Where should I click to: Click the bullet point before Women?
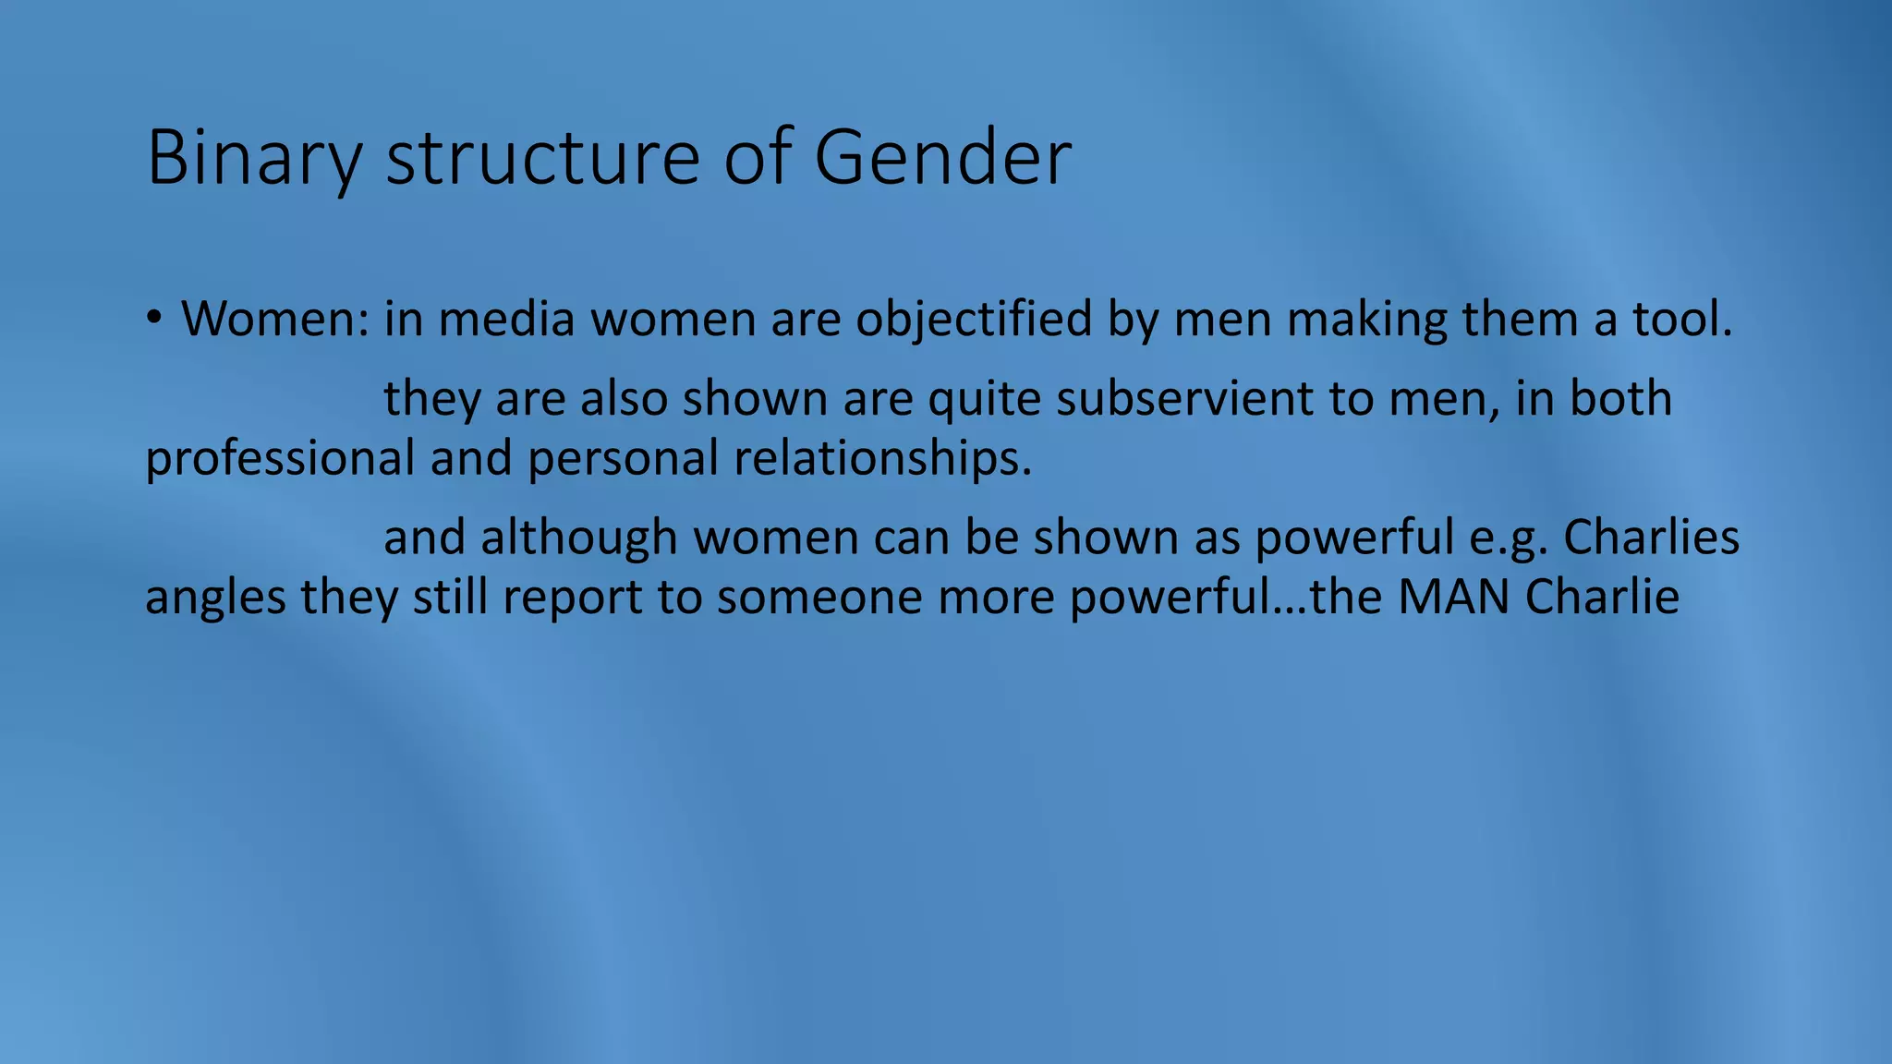point(153,319)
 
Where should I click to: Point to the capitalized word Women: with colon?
point(275,319)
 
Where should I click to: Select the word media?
point(506,319)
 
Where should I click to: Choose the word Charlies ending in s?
point(1651,538)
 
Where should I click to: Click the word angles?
point(215,597)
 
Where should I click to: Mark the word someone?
point(819,597)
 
